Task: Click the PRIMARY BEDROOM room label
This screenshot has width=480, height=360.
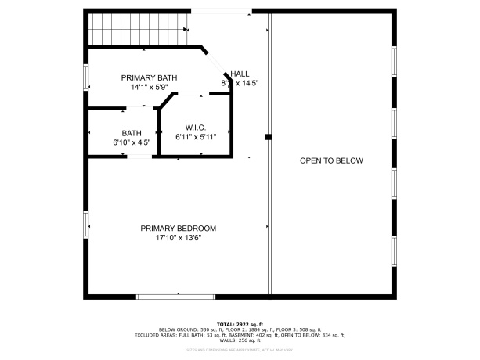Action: [x=178, y=229]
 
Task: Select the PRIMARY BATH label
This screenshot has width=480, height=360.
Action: [x=149, y=77]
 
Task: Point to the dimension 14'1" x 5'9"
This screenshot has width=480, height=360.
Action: [x=149, y=88]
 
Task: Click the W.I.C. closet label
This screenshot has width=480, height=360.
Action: [x=195, y=127]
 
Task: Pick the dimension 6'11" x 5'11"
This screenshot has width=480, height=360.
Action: [x=195, y=137]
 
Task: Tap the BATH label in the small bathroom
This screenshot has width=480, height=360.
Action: [x=131, y=133]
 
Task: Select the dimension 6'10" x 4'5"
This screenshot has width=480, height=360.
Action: [x=131, y=142]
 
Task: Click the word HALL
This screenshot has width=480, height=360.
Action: [x=240, y=73]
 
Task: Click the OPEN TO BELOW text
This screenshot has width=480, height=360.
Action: [x=331, y=160]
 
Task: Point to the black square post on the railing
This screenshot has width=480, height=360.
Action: [x=268, y=137]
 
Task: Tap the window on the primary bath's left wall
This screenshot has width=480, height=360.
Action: [x=87, y=77]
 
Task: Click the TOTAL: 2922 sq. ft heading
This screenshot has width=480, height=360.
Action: [x=240, y=324]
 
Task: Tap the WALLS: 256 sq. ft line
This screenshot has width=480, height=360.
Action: [x=240, y=340]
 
